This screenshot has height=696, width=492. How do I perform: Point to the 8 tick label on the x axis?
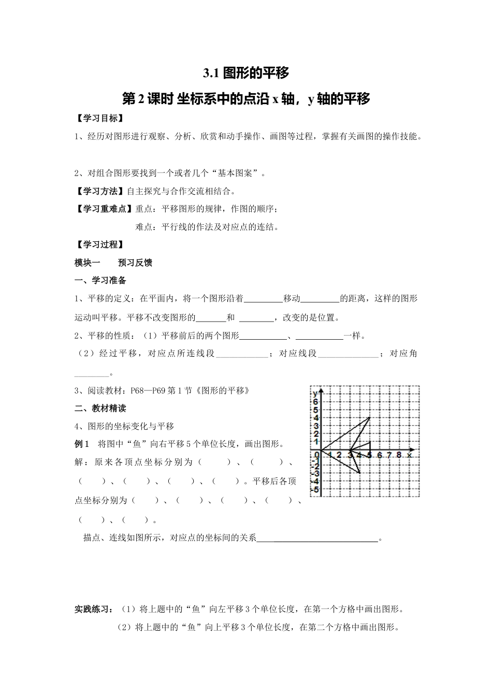(398, 455)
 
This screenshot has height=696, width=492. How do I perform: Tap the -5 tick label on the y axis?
(315, 489)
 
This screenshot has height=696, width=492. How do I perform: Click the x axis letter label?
(409, 455)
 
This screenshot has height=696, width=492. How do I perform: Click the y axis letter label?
(315, 394)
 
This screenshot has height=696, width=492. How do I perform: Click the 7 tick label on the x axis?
(389, 455)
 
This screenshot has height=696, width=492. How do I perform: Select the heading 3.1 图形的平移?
(245, 73)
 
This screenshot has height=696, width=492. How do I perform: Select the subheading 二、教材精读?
(100, 408)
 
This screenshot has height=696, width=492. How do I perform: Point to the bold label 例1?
(82, 444)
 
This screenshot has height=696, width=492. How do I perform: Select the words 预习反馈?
(135, 263)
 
